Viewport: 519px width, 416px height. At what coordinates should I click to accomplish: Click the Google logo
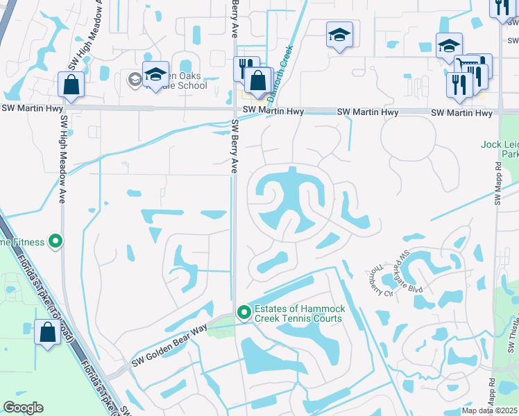click(23, 408)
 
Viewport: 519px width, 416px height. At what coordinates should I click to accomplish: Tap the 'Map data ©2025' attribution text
click(488, 410)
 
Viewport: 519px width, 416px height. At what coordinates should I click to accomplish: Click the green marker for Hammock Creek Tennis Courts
click(244, 313)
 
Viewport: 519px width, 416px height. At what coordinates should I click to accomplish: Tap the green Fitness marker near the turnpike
click(56, 242)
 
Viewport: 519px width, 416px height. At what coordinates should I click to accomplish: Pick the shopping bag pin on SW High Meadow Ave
click(71, 85)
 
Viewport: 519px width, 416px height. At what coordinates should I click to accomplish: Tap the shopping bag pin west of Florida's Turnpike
click(47, 332)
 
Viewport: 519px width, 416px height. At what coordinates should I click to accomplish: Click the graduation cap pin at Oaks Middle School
click(156, 74)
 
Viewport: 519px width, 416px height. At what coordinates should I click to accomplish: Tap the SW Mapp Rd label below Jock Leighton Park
click(497, 184)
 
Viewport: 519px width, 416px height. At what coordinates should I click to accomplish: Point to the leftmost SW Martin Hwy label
click(31, 108)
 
